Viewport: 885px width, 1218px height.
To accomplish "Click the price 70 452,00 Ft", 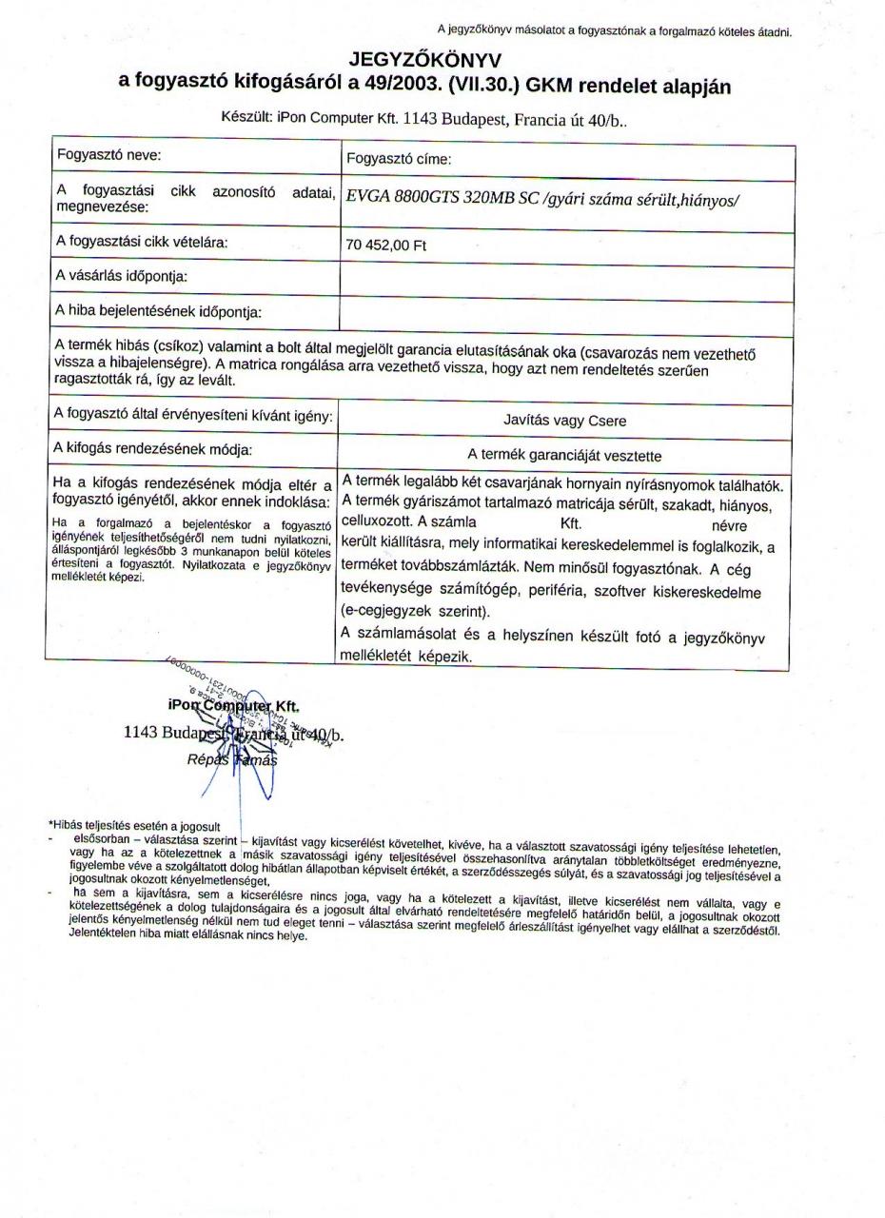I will click(x=386, y=246).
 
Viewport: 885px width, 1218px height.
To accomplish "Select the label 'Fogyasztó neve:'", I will click(x=108, y=154).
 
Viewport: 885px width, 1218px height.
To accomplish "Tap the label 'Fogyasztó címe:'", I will click(x=399, y=159).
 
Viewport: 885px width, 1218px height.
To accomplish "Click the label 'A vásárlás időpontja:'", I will click(x=121, y=277).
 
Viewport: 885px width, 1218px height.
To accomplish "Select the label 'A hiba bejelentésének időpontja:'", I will click(x=158, y=311).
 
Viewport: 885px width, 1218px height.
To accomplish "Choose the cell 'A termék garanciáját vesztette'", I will click(x=564, y=455).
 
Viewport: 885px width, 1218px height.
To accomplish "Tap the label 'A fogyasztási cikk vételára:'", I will click(x=141, y=242).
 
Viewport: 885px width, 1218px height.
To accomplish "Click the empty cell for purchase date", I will click(x=566, y=282).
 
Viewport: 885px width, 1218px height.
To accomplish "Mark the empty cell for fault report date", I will click(x=566, y=317).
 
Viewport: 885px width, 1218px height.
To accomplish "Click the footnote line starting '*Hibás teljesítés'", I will click(x=134, y=826).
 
